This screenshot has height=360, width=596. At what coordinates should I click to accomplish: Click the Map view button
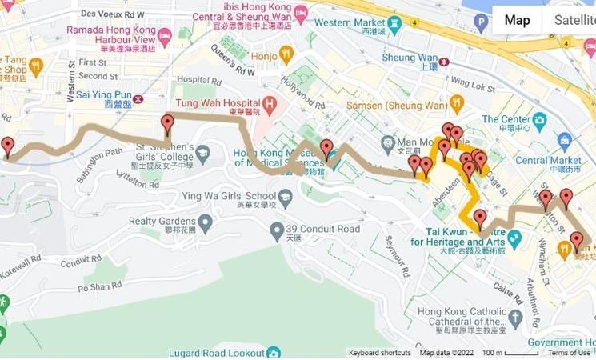(x=517, y=20)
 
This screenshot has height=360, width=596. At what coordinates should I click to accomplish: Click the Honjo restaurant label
(x=264, y=56)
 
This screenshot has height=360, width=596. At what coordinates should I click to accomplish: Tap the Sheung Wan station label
(x=408, y=59)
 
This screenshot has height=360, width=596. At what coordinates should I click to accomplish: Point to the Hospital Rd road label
(x=198, y=80)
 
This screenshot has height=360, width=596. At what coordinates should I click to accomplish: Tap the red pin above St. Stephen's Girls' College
(x=167, y=124)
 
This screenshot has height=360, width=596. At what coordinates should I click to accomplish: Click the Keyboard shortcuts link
(x=379, y=353)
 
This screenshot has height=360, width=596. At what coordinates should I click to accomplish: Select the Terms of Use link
(x=569, y=353)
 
